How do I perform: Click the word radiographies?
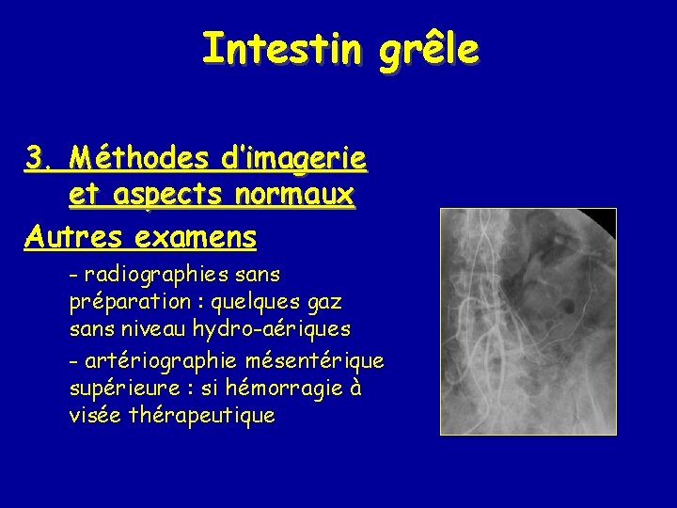click(x=151, y=275)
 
